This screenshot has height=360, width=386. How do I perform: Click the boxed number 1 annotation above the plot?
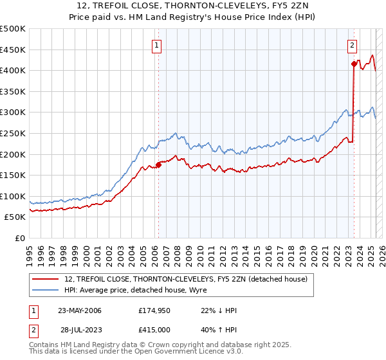pyautogui.click(x=158, y=45)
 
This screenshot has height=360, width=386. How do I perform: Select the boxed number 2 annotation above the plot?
pyautogui.click(x=353, y=45)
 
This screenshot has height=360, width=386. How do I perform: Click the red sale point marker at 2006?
pyautogui.click(x=159, y=165)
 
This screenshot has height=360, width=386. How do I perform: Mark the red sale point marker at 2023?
pyautogui.click(x=354, y=64)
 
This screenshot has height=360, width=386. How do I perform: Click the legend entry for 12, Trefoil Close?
pyautogui.click(x=186, y=279)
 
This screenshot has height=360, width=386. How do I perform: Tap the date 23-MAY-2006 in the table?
pyautogui.click(x=80, y=310)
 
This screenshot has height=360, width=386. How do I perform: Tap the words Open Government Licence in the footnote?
pyautogui.click(x=184, y=352)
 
